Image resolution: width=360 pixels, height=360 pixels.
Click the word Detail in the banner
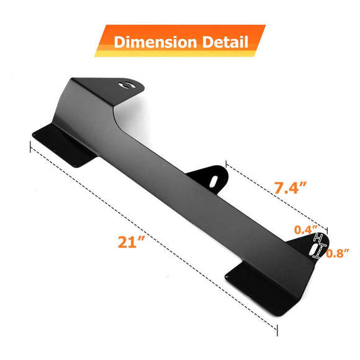point(221,42)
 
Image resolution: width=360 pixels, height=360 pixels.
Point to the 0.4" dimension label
point(305,229)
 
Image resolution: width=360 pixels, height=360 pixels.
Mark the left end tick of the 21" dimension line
point(30,146)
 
